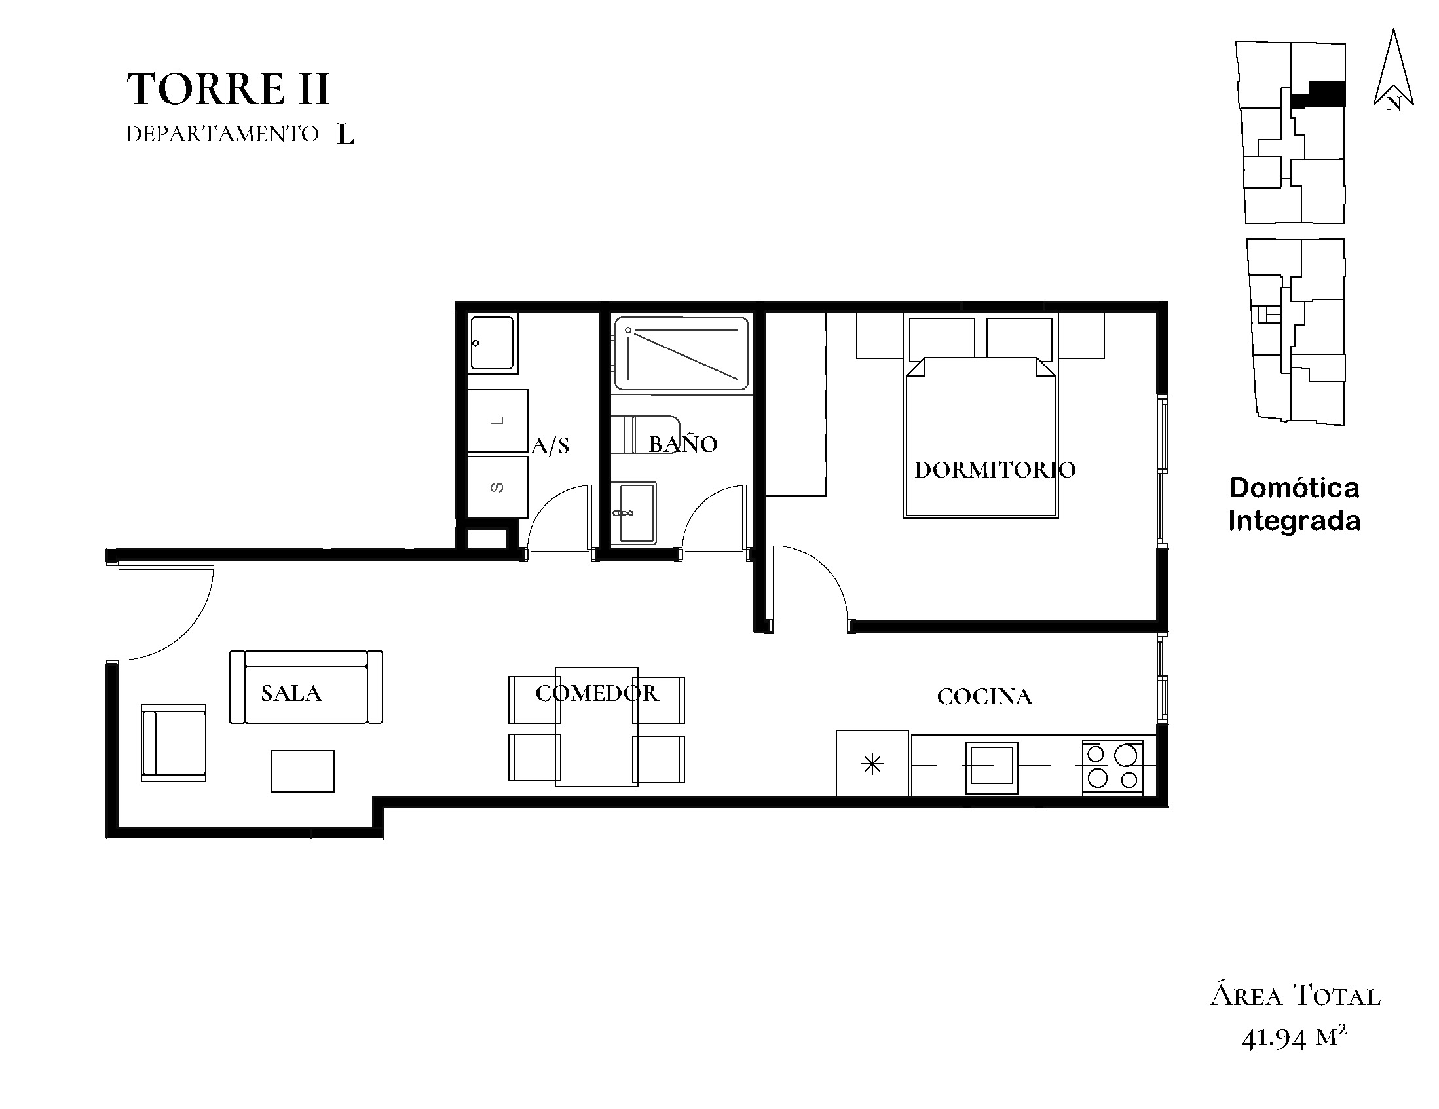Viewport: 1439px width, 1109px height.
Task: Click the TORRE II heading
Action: click(x=227, y=89)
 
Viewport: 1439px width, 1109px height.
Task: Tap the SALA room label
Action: click(x=291, y=693)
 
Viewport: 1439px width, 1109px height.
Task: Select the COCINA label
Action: click(x=984, y=696)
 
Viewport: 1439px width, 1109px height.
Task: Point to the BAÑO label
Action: click(x=683, y=443)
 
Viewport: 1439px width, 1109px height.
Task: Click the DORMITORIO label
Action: click(x=995, y=469)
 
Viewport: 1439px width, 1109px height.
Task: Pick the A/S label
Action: click(x=550, y=445)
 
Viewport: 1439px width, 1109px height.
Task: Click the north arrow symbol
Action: click(x=1394, y=69)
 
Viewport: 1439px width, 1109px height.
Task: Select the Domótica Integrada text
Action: click(x=1295, y=504)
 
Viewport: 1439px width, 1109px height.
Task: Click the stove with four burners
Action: click(x=1112, y=766)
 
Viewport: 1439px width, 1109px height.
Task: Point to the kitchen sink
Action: click(x=992, y=768)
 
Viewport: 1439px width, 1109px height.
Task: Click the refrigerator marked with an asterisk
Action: click(x=872, y=763)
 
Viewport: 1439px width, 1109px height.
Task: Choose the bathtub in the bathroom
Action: click(x=681, y=354)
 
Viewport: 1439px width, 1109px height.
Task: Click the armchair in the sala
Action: click(x=174, y=743)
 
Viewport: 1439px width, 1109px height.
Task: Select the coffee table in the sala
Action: click(x=303, y=771)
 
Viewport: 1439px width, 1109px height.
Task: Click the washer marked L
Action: click(x=497, y=421)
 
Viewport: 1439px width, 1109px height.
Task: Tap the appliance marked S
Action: click(x=497, y=487)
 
